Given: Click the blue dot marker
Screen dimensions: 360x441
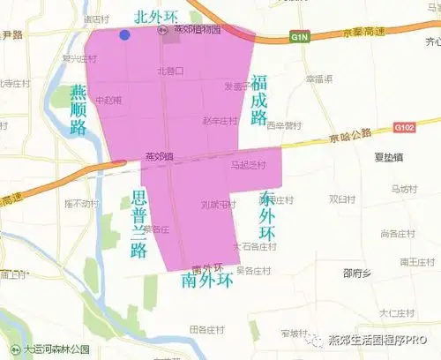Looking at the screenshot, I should [x=125, y=34].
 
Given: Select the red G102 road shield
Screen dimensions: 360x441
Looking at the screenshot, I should [x=403, y=128].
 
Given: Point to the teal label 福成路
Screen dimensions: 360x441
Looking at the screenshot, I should [x=258, y=99].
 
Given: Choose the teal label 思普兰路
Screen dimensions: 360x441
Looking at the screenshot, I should [x=137, y=221].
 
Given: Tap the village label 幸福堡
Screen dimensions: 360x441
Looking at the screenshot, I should [x=318, y=79].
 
